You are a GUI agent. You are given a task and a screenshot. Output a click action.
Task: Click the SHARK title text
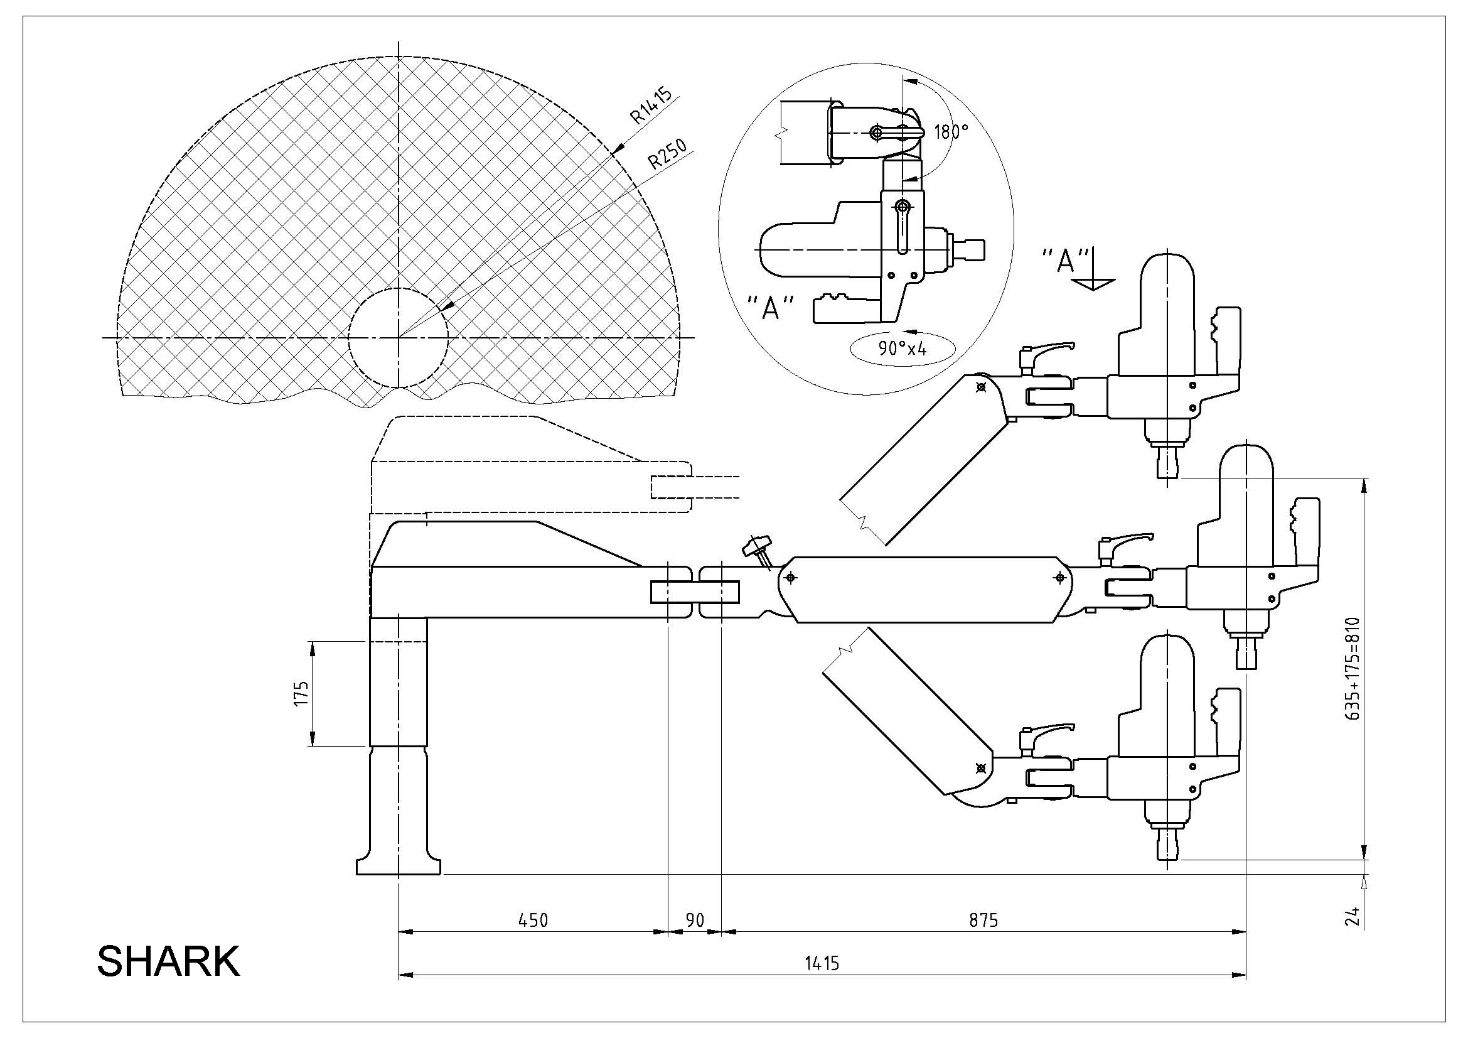[x=168, y=961]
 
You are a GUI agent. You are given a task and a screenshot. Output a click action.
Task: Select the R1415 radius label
[x=651, y=105]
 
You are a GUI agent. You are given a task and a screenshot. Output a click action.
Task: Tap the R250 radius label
[x=668, y=153]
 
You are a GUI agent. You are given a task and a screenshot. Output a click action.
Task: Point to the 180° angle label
[x=951, y=132]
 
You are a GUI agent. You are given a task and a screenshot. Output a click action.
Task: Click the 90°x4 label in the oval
[x=902, y=349]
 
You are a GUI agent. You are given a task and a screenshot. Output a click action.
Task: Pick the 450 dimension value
[x=533, y=920]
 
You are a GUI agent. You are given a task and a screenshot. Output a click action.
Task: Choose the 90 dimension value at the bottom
[x=695, y=920]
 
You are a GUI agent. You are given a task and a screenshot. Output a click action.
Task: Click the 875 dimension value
[x=983, y=920]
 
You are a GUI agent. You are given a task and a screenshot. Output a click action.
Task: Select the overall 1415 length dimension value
[x=822, y=963]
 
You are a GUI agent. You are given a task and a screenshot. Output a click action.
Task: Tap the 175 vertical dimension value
[x=301, y=693]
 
